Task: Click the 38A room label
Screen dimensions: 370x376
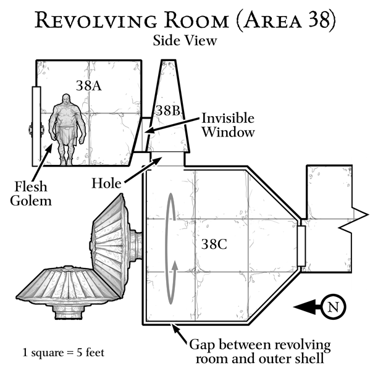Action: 89,86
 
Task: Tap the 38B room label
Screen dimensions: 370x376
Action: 168,111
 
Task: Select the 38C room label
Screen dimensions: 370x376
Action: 214,244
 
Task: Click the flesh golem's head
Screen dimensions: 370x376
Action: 65,99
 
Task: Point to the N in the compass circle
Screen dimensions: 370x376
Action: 334,307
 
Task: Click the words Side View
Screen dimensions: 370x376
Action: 185,40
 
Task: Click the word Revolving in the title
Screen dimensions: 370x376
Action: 96,20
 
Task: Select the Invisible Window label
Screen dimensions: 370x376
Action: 228,125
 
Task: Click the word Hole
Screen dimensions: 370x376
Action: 106,184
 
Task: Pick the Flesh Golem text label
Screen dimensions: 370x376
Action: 31,193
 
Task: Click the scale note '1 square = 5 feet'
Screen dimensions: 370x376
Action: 64,353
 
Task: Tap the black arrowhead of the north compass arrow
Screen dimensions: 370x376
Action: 305,307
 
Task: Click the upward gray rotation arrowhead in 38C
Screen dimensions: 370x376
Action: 175,265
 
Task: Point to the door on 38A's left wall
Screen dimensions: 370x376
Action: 36,126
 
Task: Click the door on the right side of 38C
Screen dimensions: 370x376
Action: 301,246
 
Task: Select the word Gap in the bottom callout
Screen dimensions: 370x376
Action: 203,345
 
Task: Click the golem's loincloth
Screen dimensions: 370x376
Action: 67,135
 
